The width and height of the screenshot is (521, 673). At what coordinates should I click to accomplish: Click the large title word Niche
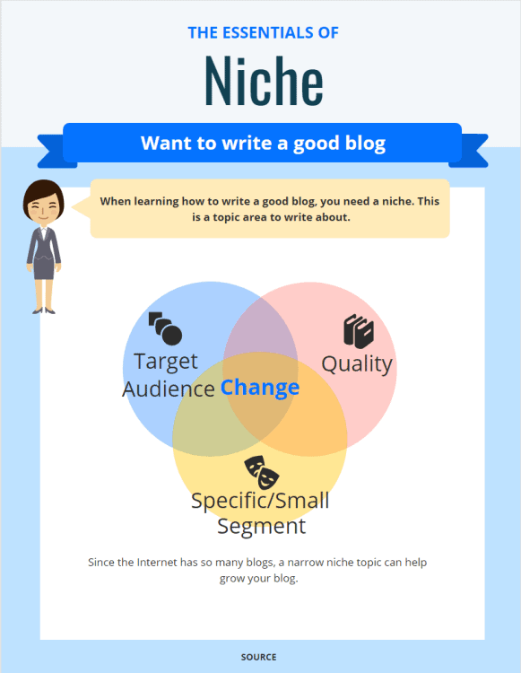point(264,81)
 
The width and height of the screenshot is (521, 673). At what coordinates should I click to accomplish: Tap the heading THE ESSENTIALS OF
point(264,32)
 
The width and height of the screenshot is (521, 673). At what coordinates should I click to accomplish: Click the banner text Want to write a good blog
point(263,144)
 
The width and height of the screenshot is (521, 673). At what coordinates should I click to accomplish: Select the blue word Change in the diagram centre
point(260,388)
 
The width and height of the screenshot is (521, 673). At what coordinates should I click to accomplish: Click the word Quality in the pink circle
point(357,364)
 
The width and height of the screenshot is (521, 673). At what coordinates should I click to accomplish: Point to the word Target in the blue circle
point(166,362)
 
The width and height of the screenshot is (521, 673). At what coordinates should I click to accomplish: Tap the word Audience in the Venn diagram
point(168,389)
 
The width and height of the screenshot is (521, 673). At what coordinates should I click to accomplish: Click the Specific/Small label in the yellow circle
point(260,501)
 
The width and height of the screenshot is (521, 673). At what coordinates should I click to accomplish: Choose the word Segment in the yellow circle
point(262,526)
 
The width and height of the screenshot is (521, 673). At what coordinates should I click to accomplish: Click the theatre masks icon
point(262,472)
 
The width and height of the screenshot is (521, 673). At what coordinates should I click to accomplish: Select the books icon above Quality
point(359,331)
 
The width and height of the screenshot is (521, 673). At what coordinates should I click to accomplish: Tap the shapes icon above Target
point(165,328)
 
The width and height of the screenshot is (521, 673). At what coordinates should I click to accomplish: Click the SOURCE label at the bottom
point(258,657)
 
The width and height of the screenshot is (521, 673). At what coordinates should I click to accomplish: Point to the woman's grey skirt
point(44,268)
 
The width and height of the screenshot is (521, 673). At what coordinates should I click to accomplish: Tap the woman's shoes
point(44,310)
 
